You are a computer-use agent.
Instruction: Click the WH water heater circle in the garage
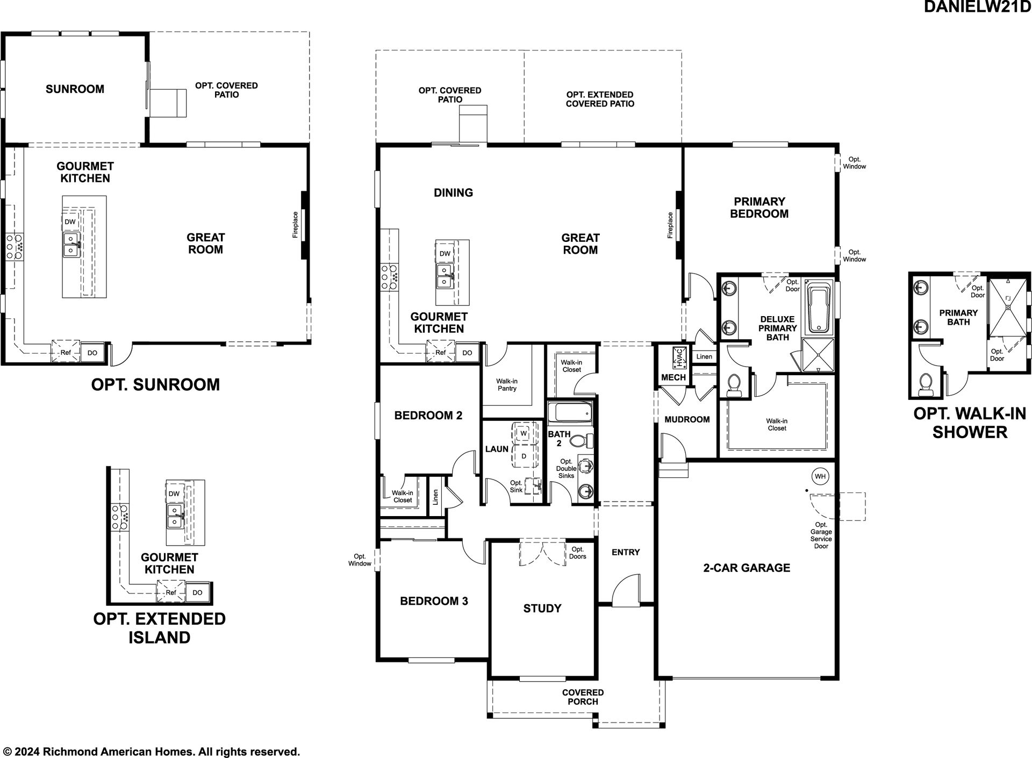click(820, 476)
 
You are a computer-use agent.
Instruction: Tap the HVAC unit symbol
click(679, 357)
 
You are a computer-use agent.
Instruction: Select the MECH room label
click(673, 377)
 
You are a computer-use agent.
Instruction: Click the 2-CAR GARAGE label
click(747, 568)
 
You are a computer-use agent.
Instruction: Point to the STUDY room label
click(542, 608)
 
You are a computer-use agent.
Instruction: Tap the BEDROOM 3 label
click(434, 601)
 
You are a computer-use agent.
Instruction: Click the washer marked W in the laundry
click(524, 433)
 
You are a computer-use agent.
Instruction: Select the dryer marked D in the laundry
click(524, 456)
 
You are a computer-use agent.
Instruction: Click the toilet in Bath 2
click(582, 441)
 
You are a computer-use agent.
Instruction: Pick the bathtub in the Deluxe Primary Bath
click(819, 310)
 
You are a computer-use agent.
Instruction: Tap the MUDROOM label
click(687, 419)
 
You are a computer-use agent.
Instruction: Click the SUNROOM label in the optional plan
click(75, 89)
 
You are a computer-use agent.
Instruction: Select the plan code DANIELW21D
click(977, 7)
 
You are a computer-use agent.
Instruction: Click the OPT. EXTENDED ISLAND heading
click(160, 628)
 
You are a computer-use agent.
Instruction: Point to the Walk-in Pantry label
click(507, 385)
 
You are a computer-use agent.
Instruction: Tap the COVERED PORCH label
click(583, 697)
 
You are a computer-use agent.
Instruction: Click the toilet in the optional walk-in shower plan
click(925, 383)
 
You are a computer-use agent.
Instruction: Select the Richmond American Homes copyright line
click(152, 752)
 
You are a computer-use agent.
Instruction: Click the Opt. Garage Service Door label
click(821, 535)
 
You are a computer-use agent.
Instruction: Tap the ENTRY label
click(626, 552)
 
